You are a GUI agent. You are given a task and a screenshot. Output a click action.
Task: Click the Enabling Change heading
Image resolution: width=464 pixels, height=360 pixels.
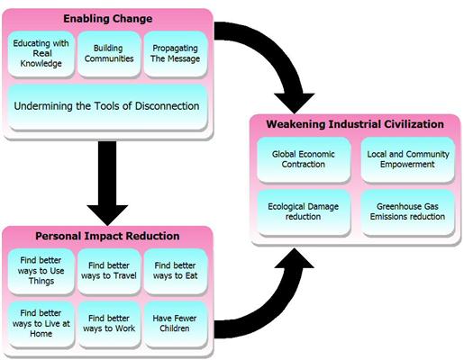click(107, 18)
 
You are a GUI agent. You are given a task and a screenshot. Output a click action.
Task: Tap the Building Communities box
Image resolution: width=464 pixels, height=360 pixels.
click(108, 53)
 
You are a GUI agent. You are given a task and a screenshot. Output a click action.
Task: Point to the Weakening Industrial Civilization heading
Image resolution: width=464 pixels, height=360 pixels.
click(355, 122)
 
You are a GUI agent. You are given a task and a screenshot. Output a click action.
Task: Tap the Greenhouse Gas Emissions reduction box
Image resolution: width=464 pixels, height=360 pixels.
click(403, 210)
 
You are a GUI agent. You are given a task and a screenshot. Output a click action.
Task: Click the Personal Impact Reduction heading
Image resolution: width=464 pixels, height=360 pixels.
click(107, 236)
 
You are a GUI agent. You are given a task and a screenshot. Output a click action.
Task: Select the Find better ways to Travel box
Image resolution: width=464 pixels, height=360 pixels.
click(108, 274)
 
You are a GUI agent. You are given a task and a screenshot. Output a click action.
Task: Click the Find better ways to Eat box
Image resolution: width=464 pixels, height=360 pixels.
click(175, 274)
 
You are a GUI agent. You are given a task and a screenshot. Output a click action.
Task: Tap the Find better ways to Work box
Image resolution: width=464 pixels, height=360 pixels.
click(108, 323)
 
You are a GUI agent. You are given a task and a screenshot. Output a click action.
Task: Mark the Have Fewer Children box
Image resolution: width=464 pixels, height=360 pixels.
click(175, 323)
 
